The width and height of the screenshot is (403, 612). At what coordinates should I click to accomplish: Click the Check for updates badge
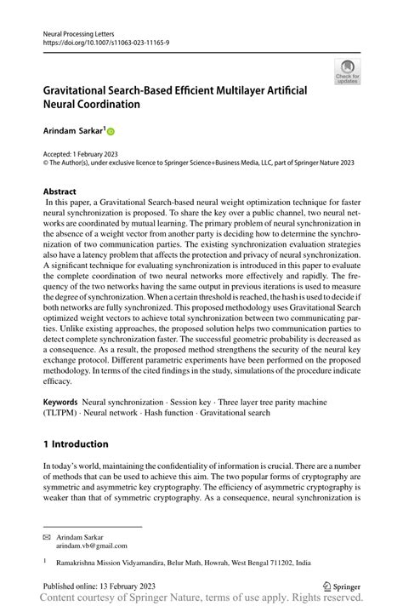(x=347, y=71)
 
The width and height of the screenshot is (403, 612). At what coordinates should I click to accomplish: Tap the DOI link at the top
(x=99, y=41)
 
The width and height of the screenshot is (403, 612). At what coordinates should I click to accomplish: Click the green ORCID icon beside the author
(x=110, y=133)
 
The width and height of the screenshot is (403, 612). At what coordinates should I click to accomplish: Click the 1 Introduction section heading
(x=76, y=444)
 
